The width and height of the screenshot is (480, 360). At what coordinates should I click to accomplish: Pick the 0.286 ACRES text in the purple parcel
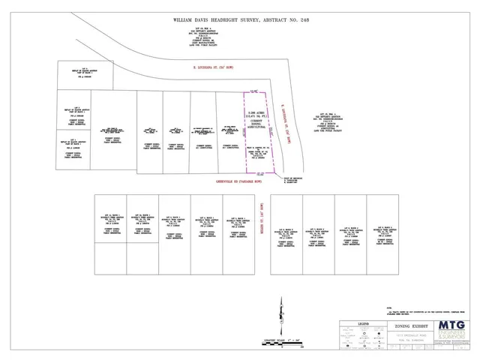click(x=255, y=112)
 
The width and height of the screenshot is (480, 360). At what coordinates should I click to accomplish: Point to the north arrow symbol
click(x=280, y=315)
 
